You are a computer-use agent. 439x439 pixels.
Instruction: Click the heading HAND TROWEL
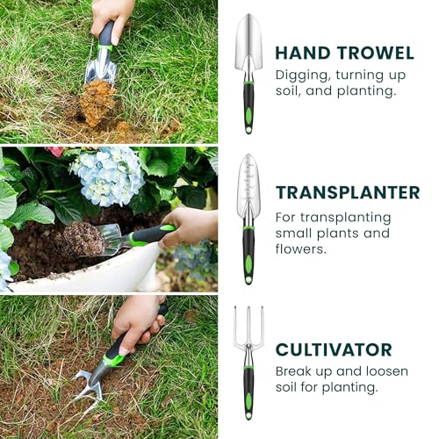click(x=344, y=53)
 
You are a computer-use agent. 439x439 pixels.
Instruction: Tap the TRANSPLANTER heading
click(x=348, y=192)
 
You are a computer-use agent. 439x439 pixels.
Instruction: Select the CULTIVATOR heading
click(x=334, y=349)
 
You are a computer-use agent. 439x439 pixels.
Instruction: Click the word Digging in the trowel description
click(x=303, y=76)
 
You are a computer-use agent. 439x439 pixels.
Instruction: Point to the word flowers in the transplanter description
click(x=300, y=249)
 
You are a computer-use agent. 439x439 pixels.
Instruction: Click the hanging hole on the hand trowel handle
click(x=248, y=130)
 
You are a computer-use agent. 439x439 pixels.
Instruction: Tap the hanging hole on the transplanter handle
click(x=248, y=280)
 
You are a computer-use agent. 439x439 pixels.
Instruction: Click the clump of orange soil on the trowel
click(x=98, y=103)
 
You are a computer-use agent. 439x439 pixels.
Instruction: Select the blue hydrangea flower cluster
click(x=107, y=175)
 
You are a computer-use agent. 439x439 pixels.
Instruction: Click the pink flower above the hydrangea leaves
click(x=55, y=151)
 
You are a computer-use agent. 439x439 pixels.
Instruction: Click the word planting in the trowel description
click(x=365, y=91)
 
